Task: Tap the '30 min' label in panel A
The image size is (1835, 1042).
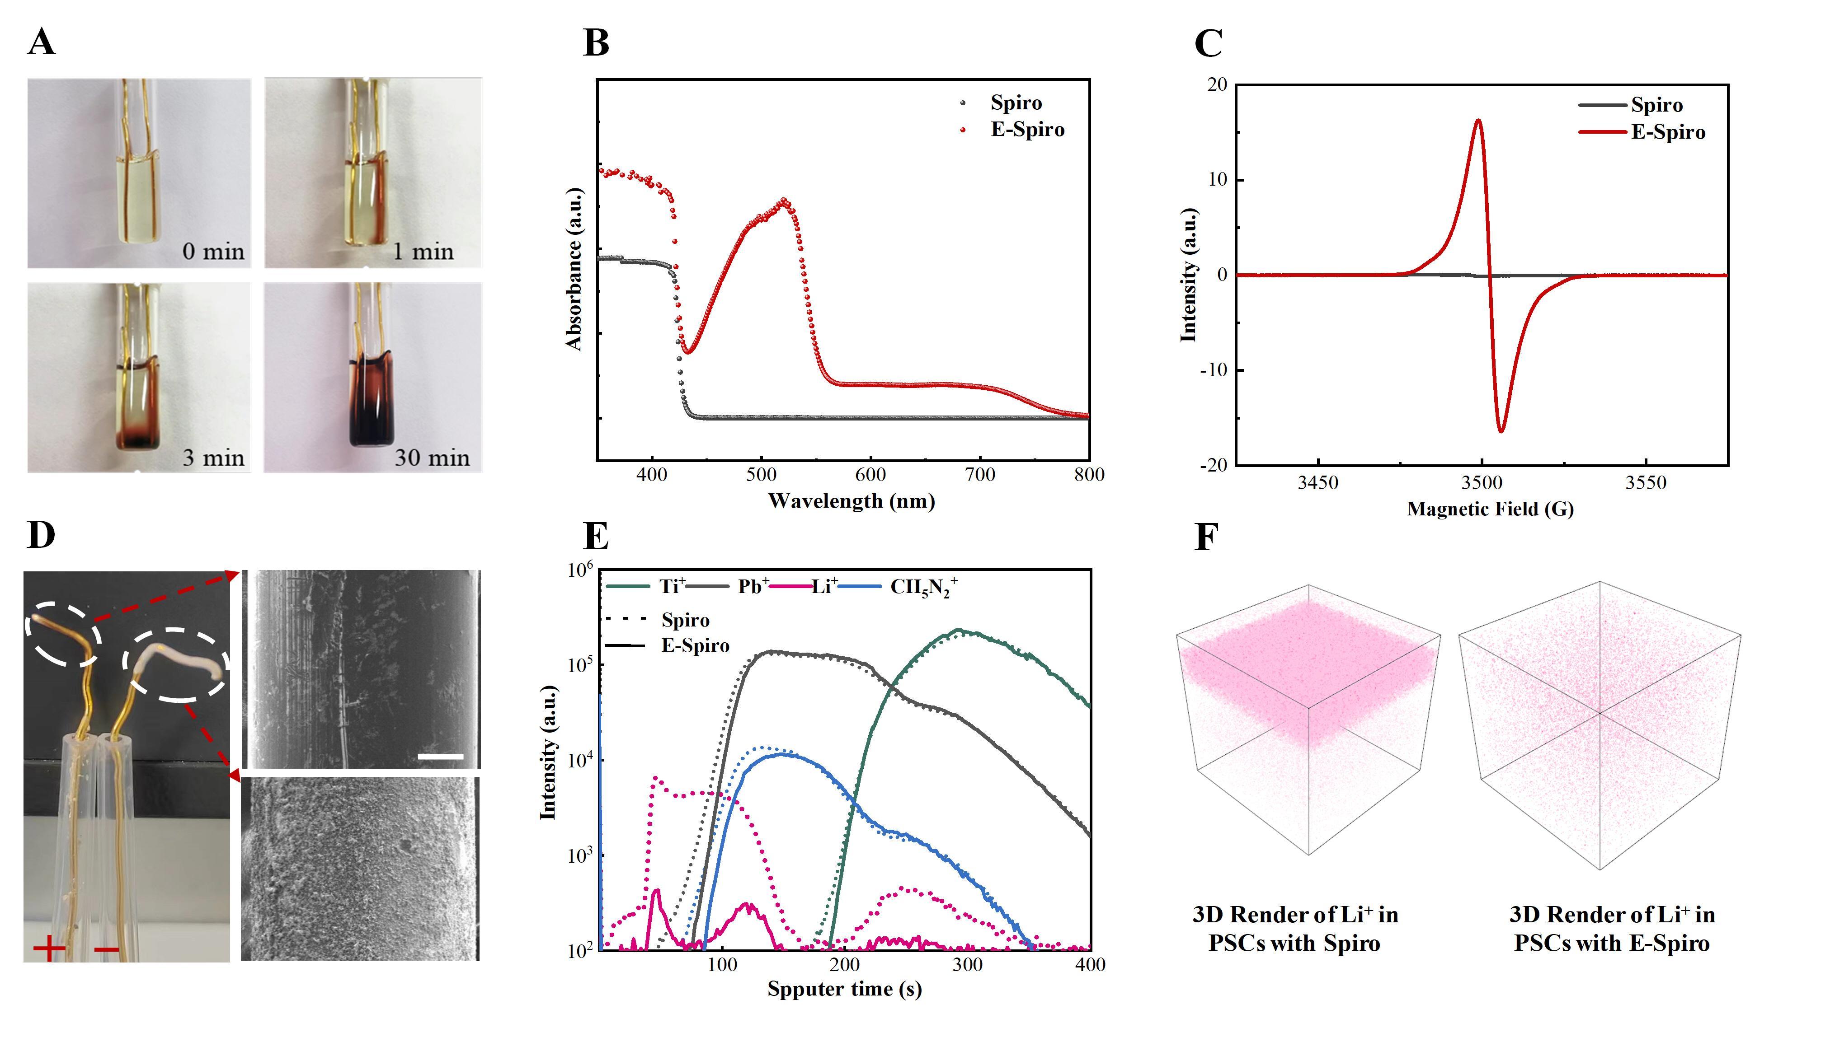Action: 432,458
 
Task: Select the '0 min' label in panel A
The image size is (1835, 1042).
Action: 212,252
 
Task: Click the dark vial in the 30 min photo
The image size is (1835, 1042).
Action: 372,401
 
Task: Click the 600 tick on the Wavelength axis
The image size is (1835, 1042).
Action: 870,475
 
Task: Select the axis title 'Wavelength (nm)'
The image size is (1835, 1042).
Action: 851,501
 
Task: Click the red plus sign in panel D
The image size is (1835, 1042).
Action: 49,950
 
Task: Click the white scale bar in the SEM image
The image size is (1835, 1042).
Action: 440,756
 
